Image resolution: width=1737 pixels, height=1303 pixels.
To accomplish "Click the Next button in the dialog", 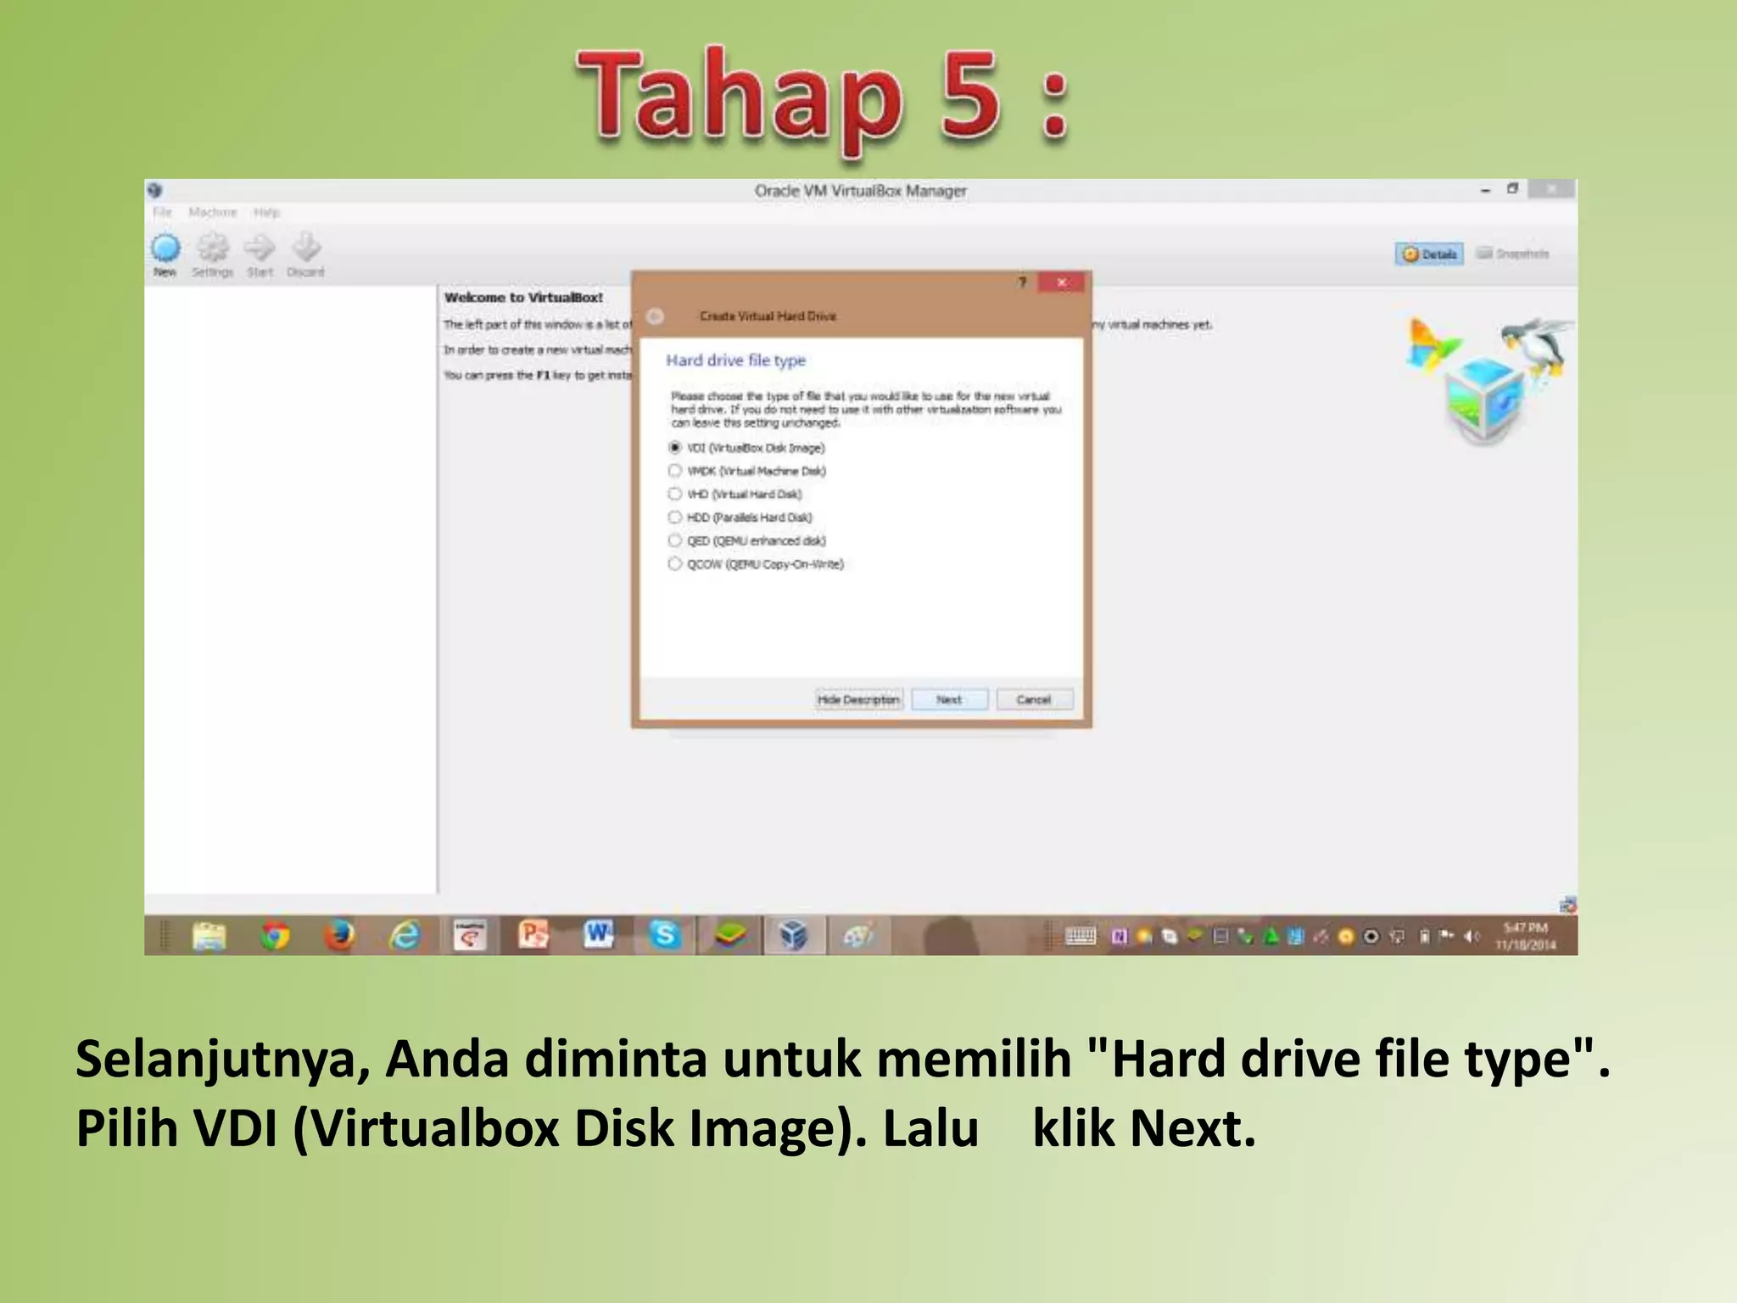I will (949, 699).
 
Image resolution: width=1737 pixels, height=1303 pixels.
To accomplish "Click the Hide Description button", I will (858, 699).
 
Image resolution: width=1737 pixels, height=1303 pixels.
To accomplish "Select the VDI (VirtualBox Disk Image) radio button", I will (675, 447).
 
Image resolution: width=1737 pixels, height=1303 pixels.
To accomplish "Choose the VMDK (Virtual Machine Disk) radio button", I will (675, 471).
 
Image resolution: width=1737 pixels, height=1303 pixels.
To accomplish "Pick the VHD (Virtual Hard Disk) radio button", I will (675, 494).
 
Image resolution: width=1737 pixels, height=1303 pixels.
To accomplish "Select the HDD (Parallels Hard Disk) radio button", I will (675, 517).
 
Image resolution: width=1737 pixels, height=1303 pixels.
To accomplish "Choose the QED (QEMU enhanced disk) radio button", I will (675, 540).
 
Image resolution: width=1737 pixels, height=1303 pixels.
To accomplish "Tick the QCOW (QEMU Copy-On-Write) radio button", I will (675, 563).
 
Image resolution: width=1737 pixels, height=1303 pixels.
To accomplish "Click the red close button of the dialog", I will (1061, 282).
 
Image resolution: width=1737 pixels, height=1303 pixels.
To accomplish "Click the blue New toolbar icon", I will (165, 249).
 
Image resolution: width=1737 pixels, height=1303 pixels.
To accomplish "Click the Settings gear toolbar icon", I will (213, 249).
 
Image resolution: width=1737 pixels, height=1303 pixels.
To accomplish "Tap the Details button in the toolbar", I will (1429, 254).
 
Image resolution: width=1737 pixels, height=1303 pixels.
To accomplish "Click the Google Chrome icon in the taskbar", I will (274, 936).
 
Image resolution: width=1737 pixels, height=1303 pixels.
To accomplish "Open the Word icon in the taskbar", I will (599, 935).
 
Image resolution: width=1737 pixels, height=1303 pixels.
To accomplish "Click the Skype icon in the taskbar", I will (664, 935).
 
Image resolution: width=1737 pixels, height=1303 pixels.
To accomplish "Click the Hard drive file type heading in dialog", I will (735, 361).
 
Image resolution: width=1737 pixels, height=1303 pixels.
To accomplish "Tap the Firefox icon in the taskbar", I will (339, 936).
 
